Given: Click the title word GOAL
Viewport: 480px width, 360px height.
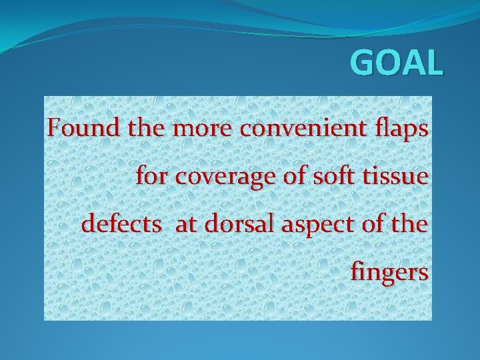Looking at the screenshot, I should click(x=396, y=64).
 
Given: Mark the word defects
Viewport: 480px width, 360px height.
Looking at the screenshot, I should click(x=121, y=224).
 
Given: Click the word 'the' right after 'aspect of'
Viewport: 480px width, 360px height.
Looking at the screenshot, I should click(x=411, y=224).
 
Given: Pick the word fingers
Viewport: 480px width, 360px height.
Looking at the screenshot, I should click(x=389, y=273).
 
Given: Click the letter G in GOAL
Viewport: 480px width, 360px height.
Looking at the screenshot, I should click(x=363, y=64).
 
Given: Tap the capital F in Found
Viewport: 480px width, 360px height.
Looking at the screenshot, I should click(x=55, y=127).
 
